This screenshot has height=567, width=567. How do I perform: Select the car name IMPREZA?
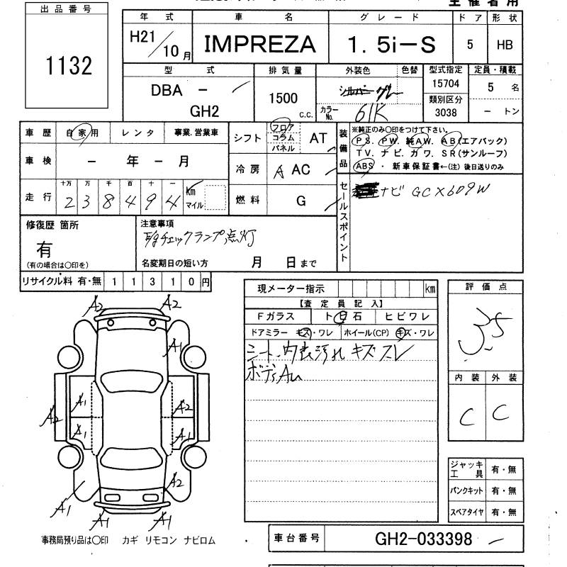coord(260,45)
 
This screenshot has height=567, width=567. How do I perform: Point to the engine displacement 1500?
coord(283,99)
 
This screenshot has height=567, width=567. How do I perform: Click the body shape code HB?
coord(505,45)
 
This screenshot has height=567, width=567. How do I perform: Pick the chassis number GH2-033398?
coord(423,539)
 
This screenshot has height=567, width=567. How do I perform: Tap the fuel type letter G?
coord(301,201)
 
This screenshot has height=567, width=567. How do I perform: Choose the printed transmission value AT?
coord(318,138)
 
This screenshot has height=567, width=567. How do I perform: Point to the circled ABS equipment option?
coord(364,166)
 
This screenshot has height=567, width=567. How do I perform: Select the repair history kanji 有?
coord(44,249)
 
